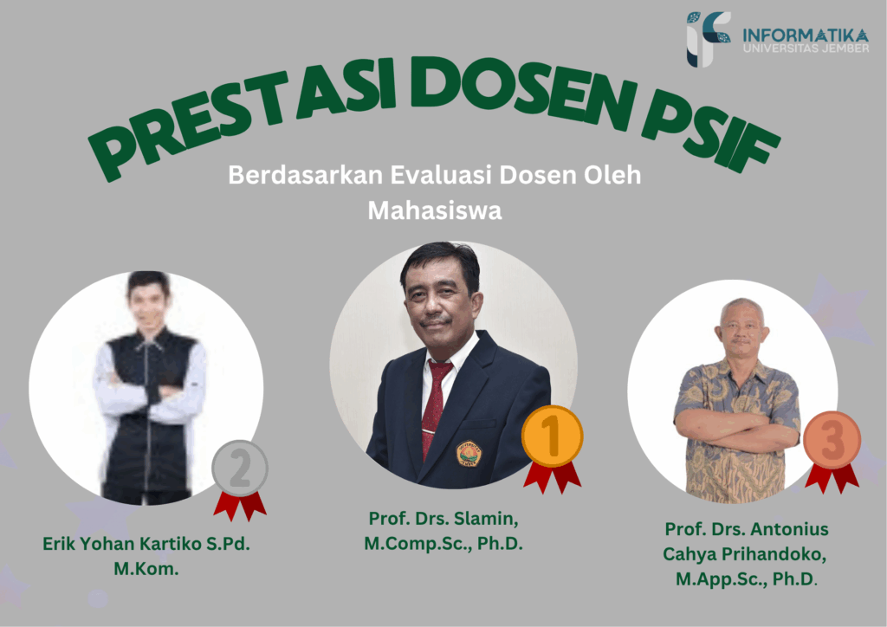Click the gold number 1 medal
[x=552, y=436]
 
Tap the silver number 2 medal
[x=240, y=469]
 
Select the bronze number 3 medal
[x=832, y=440]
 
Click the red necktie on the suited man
[x=436, y=407]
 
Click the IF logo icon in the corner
[x=707, y=38]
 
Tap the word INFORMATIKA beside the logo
[x=806, y=35]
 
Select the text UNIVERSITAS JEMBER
[x=806, y=48]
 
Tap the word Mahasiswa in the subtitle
[x=435, y=210]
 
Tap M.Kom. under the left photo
[x=146, y=568]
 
